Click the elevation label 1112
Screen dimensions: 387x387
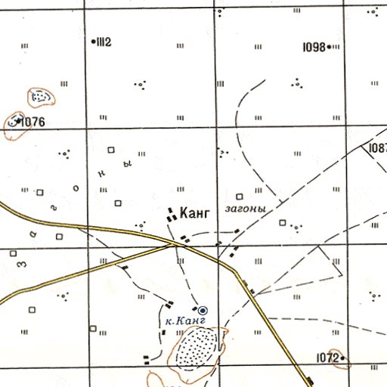point(103,42)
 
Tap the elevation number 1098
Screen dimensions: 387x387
point(312,47)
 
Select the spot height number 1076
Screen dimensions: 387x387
point(34,122)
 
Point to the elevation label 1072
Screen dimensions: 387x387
point(326,357)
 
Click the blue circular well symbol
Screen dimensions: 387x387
point(203,309)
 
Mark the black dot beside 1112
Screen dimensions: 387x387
point(92,42)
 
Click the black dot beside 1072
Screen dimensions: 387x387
point(342,357)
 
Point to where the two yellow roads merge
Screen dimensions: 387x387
point(175,244)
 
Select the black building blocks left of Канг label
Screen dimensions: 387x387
point(172,215)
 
